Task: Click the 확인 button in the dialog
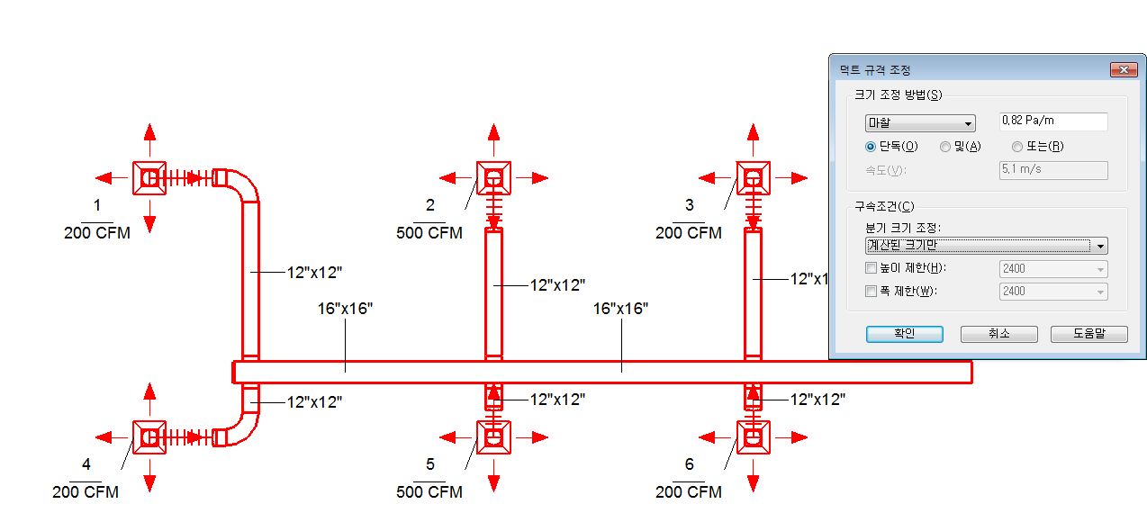click(904, 334)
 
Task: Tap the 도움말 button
click(1089, 334)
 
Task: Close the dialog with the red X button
click(1124, 69)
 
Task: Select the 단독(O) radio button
click(871, 147)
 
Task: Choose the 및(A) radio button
click(945, 147)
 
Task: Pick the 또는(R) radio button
click(1017, 147)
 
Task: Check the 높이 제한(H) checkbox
click(871, 267)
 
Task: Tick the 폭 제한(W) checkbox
click(871, 292)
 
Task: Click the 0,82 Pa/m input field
click(1053, 121)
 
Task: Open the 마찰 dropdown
click(920, 123)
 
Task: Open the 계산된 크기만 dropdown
click(986, 246)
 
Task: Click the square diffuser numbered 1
click(149, 178)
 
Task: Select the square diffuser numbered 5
click(493, 437)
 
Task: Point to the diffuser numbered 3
click(753, 178)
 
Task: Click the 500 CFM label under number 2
click(429, 233)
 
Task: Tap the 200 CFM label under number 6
click(688, 491)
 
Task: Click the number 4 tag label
click(86, 464)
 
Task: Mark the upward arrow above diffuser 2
click(493, 139)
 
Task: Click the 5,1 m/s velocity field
click(1053, 170)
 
